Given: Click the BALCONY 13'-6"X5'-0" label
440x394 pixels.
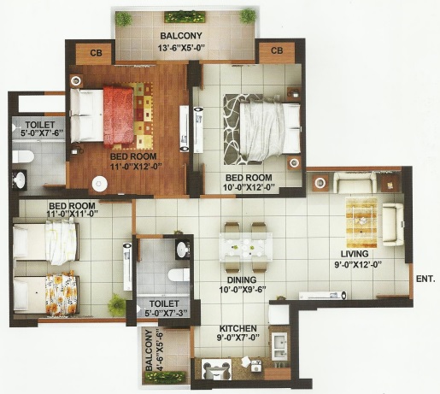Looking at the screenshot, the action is tap(181, 42).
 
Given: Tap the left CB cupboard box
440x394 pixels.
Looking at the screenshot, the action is tap(96, 53).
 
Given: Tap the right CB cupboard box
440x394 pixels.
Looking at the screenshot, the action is tap(277, 51).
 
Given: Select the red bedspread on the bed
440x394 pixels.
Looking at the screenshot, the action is tap(119, 116).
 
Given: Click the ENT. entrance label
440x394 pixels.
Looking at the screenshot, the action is tap(425, 279).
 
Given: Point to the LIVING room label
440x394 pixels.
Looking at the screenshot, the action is tap(355, 254).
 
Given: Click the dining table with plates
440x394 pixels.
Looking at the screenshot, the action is tap(245, 247).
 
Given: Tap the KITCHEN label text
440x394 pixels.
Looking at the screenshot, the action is tap(238, 328).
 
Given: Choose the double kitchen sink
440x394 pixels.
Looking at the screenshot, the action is tap(280, 347).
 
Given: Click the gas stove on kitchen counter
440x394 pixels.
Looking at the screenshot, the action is tap(216, 369).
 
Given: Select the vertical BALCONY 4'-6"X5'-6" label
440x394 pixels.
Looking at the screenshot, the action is tap(153, 350).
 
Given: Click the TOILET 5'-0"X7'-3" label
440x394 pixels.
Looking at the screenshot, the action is tap(166, 309).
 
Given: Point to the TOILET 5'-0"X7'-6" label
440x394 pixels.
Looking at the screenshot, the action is tap(41, 129).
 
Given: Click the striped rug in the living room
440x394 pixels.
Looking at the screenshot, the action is tap(361, 222).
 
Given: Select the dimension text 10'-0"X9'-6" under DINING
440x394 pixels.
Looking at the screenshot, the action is tap(243, 290).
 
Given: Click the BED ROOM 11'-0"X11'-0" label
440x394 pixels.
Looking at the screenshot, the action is tap(73, 209).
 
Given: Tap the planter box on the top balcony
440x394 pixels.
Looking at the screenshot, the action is tap(185, 17).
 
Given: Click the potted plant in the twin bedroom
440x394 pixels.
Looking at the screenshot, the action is tap(116, 304).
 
